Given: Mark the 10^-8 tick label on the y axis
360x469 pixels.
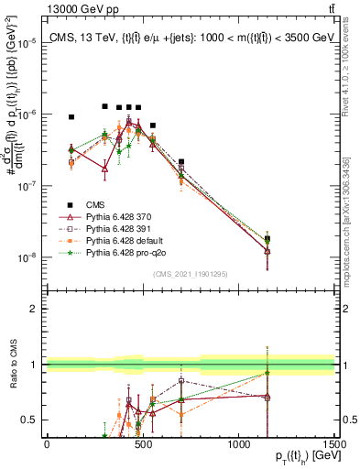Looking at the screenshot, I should [x=27, y=257].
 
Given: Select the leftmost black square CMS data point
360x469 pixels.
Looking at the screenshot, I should [x=71, y=117].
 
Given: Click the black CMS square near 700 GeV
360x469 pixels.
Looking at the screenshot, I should [x=181, y=162].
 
